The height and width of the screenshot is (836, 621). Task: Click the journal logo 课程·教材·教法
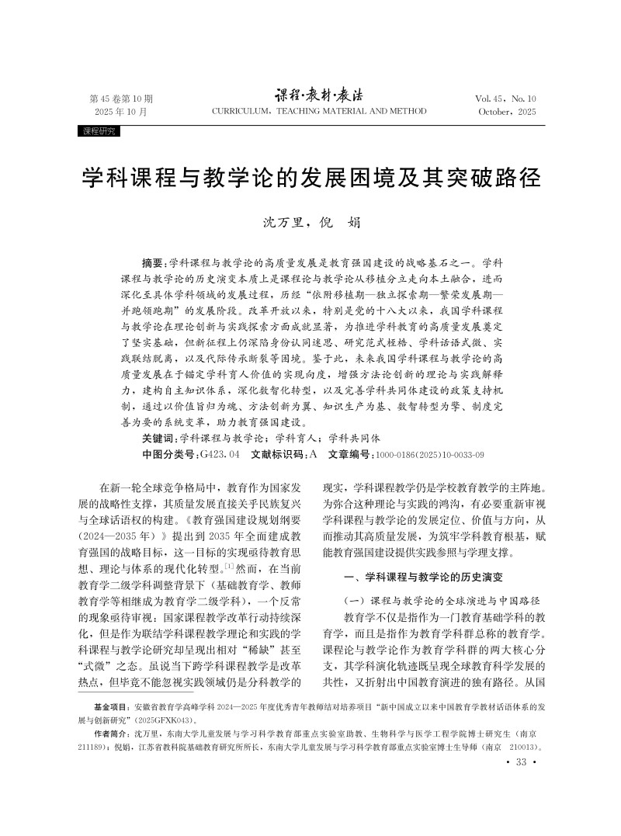click(318, 96)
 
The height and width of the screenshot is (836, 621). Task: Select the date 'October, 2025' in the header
click(508, 112)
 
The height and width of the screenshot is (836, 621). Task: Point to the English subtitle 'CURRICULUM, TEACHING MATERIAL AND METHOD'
click(319, 112)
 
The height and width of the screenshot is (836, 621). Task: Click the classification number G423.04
click(220, 454)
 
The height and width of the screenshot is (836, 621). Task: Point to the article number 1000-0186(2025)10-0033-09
click(429, 454)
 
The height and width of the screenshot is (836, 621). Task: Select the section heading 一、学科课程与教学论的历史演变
click(424, 577)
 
